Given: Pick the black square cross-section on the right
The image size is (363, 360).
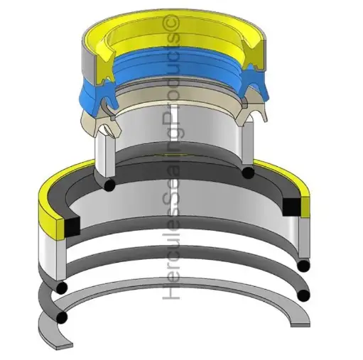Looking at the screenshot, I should point(291,205).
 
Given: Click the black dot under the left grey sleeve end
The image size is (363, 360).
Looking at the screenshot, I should point(109,185).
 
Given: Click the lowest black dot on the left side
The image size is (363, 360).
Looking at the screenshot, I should point(64,316).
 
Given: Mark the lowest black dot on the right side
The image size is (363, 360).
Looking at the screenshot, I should point(304,294).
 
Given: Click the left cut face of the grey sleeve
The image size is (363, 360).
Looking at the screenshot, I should point(104,156).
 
